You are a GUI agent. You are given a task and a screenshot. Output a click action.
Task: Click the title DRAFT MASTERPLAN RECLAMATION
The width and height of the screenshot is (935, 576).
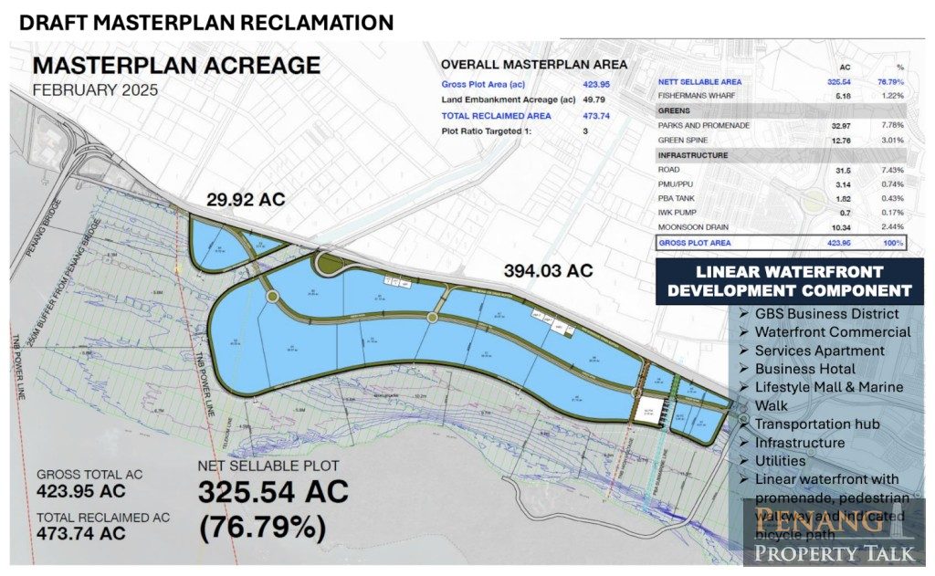click(206, 22)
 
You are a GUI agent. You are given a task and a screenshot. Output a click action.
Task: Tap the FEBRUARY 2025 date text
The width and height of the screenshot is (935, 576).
click(96, 90)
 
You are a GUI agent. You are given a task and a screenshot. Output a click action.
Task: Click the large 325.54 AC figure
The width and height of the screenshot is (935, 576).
click(273, 493)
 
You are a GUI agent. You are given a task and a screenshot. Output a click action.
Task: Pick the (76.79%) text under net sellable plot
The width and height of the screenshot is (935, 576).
click(261, 528)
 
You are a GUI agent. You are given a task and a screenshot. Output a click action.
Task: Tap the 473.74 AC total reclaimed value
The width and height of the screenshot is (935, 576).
click(81, 533)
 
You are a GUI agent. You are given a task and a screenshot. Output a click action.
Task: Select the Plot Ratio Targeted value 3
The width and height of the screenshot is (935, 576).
click(585, 131)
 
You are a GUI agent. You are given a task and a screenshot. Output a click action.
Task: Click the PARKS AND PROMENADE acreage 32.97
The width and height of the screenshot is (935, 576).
click(844, 125)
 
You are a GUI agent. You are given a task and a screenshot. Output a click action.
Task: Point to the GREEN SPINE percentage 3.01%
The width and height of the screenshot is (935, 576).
click(892, 141)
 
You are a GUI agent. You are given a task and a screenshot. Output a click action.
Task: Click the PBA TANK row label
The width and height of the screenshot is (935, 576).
click(678, 199)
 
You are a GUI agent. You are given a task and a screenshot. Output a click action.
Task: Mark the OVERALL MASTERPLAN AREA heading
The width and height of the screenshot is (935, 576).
click(534, 65)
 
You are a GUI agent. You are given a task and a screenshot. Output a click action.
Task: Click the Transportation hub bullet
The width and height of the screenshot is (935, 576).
click(817, 424)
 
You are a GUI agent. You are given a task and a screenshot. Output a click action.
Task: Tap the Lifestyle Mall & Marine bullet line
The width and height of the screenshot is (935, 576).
click(829, 387)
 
